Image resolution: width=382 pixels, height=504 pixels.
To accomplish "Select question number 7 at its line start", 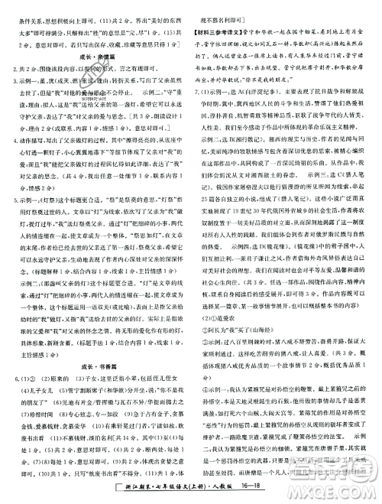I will (197, 112).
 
